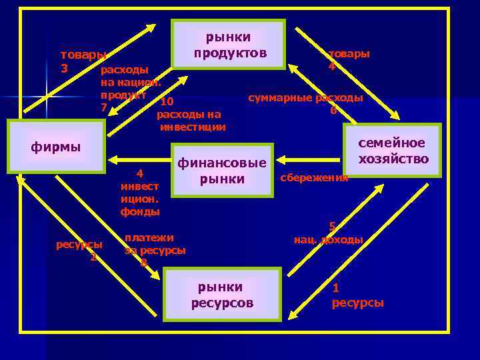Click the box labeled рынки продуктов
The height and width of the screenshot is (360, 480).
[228, 44]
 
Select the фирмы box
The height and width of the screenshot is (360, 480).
[56, 146]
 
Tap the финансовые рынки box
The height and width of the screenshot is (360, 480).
[222, 170]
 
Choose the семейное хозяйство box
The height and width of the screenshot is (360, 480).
[393, 150]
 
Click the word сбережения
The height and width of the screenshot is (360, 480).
[314, 178]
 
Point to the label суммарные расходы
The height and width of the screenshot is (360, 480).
[305, 98]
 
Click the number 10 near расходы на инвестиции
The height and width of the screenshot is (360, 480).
[167, 102]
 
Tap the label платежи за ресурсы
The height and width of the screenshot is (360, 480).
[155, 244]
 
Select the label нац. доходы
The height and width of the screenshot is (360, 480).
[328, 239]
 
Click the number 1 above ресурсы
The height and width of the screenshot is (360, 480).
[335, 288]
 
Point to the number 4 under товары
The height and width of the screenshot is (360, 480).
[331, 67]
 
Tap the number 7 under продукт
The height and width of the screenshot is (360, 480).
[103, 107]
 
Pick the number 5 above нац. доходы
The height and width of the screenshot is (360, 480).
[332, 226]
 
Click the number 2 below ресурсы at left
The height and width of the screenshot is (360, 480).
[93, 257]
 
